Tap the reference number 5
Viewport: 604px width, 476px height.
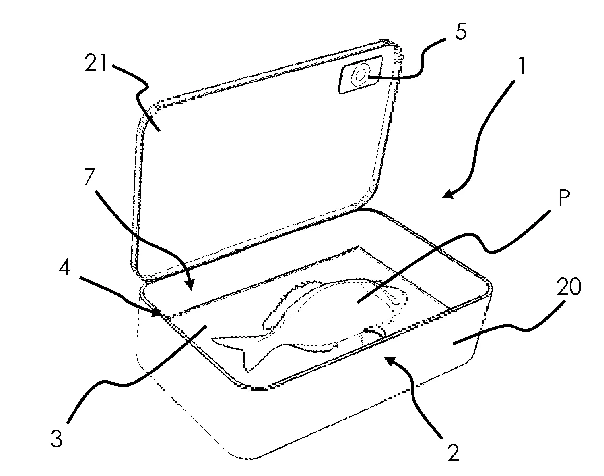tap(460, 31)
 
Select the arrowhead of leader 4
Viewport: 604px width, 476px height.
tap(157, 313)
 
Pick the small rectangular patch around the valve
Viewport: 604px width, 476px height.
tap(360, 75)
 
